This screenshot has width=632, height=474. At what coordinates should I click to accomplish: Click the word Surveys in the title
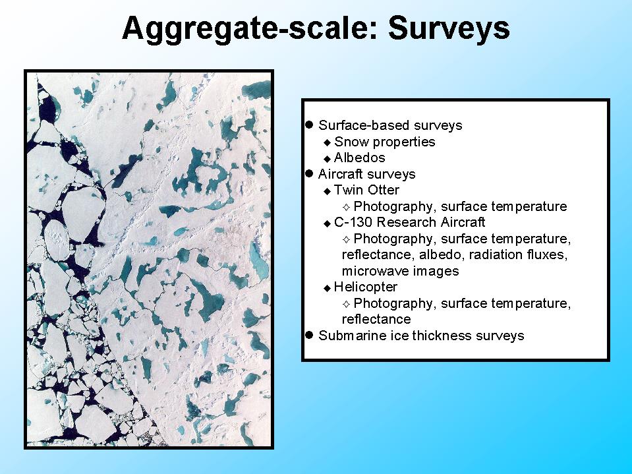pyautogui.click(x=449, y=29)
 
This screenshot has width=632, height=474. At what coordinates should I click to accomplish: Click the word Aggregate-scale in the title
pyautogui.click(x=249, y=29)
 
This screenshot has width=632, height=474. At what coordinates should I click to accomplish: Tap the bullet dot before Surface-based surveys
pyautogui.click(x=310, y=125)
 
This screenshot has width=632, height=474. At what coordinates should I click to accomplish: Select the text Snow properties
pyautogui.click(x=384, y=142)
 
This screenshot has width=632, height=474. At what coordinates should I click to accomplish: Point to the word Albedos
pyautogui.click(x=360, y=158)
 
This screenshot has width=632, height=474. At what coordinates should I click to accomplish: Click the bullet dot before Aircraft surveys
pyautogui.click(x=310, y=173)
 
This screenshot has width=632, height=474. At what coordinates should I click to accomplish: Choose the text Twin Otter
pyautogui.click(x=366, y=190)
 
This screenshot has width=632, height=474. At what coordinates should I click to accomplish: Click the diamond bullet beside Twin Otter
pyautogui.click(x=328, y=191)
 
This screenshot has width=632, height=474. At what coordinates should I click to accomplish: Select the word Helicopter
pyautogui.click(x=366, y=287)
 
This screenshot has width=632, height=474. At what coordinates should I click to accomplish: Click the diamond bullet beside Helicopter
pyautogui.click(x=328, y=288)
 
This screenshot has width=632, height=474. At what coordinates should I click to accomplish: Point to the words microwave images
pyautogui.click(x=400, y=271)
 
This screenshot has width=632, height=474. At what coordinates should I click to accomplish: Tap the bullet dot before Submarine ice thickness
pyautogui.click(x=310, y=335)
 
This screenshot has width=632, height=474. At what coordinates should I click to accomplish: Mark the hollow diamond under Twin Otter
pyautogui.click(x=346, y=207)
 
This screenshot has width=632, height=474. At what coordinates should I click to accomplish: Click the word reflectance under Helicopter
pyautogui.click(x=376, y=319)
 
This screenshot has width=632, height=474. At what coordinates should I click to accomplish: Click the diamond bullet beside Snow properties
pyautogui.click(x=328, y=142)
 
